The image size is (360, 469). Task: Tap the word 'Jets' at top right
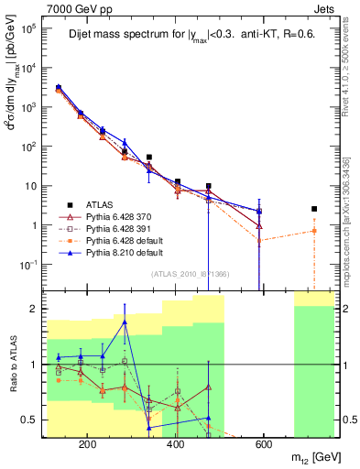pos(325,8)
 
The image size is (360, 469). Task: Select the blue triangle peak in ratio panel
pos(125,322)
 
